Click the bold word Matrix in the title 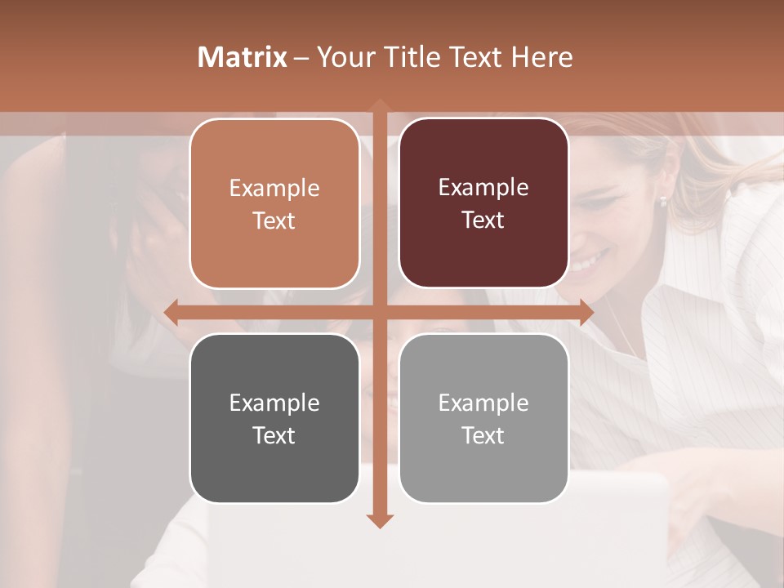pyautogui.click(x=243, y=57)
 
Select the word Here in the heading pyautogui.click(x=541, y=57)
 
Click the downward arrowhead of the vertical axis pyautogui.click(x=379, y=520)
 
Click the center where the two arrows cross pyautogui.click(x=379, y=312)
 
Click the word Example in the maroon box pyautogui.click(x=483, y=187)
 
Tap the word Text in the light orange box pyautogui.click(x=274, y=220)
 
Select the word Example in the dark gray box pyautogui.click(x=274, y=403)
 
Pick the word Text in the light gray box pyautogui.click(x=483, y=435)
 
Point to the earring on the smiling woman pyautogui.click(x=663, y=200)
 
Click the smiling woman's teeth pyautogui.click(x=586, y=263)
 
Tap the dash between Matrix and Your pyautogui.click(x=301, y=58)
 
